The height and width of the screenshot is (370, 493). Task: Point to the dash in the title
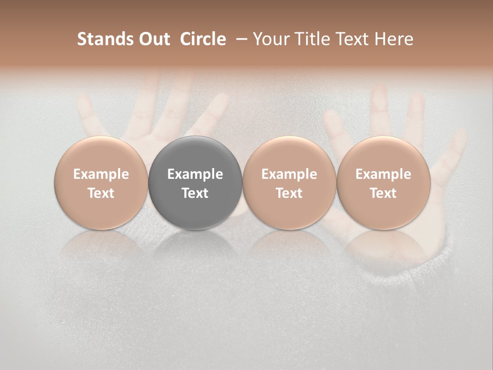coord(239,39)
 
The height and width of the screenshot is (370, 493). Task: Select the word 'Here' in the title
coord(394,39)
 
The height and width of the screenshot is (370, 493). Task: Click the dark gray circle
coord(195,182)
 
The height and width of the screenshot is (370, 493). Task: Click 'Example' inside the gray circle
coord(195,174)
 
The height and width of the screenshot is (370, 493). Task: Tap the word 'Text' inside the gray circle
coord(195,193)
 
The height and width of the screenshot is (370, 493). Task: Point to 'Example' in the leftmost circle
coord(101,174)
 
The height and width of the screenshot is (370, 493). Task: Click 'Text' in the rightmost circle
coord(383,193)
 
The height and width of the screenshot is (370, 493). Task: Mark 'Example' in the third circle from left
coord(289,174)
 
